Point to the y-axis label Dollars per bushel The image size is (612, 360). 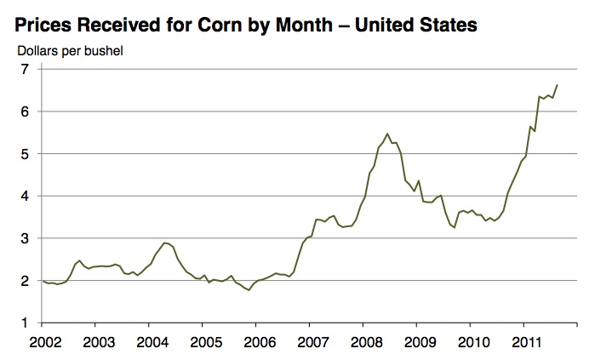[x=71, y=50]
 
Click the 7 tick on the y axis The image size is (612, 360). [x=25, y=70]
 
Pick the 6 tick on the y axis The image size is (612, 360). [x=25, y=111]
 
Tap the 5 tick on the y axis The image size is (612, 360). [x=25, y=154]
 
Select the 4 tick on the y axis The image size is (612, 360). [x=25, y=196]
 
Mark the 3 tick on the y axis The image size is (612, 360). [x=25, y=238]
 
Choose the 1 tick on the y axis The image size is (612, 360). [x=25, y=323]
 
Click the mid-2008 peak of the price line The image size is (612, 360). [x=387, y=134]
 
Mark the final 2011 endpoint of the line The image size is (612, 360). [x=557, y=85]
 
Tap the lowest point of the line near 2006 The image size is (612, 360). [x=249, y=290]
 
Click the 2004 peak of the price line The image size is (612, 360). [x=165, y=243]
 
